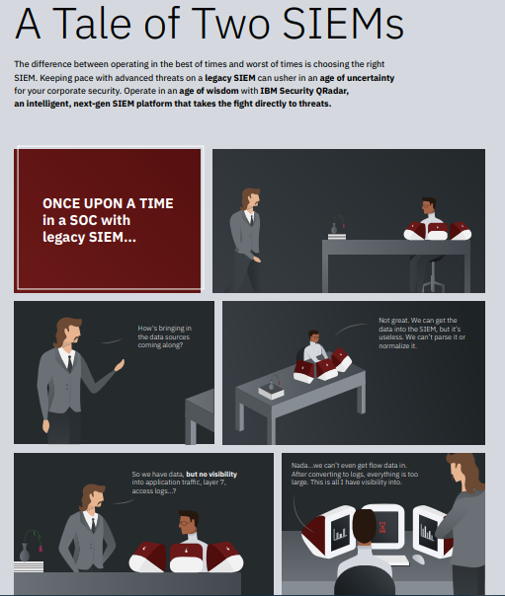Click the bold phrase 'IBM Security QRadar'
[x=304, y=91]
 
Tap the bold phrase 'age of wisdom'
[x=209, y=91]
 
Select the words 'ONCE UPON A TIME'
[x=108, y=203]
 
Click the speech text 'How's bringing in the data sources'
[x=164, y=333]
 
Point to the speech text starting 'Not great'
[x=422, y=333]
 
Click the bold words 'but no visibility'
[x=211, y=474]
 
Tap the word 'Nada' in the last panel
[x=299, y=465]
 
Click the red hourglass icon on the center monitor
[x=382, y=527]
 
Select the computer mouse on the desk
[x=418, y=559]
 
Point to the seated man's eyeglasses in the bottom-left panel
[x=184, y=523]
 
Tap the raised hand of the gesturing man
[x=120, y=365]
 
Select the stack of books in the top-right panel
[x=337, y=237]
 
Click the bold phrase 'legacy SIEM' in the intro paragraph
[x=230, y=78]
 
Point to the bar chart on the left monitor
[x=339, y=534]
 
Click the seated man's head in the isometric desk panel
[x=313, y=336]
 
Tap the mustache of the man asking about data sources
[x=76, y=338]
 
